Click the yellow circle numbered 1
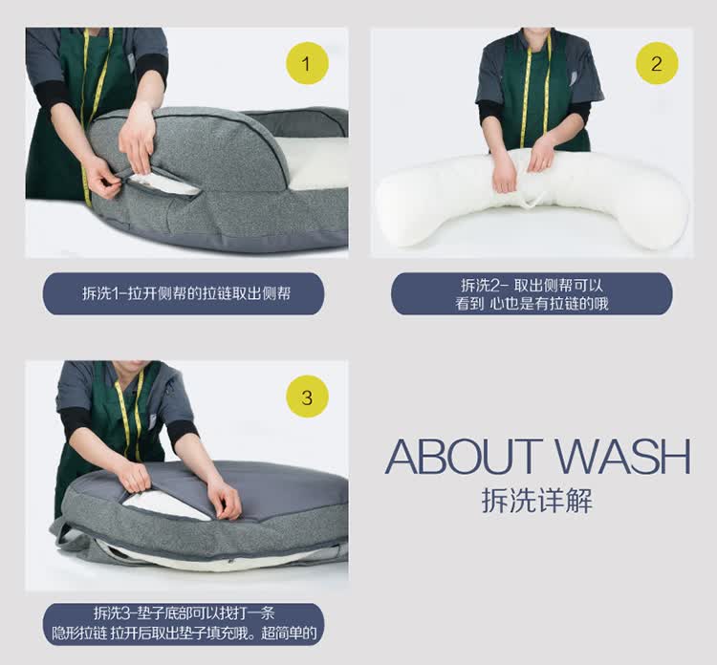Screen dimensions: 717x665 pos(307,63)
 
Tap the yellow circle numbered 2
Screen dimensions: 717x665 pos(657,63)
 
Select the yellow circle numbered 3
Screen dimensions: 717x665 pos(307,397)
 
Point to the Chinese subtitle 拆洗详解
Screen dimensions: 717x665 pos(537,501)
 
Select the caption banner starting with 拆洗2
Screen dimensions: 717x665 pos(532,294)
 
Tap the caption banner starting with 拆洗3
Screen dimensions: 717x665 pos(184,624)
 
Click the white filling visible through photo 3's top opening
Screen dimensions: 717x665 pos(164,506)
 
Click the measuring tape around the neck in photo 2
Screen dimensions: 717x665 pos(526,92)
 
